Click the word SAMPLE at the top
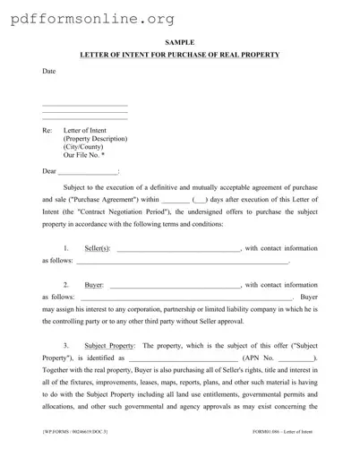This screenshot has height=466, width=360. (x=179, y=42)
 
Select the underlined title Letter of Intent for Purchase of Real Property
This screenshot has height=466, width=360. (x=179, y=56)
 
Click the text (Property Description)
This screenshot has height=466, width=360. (x=95, y=140)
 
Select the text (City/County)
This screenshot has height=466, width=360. (x=84, y=149)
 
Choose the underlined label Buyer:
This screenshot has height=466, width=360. (x=94, y=285)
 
